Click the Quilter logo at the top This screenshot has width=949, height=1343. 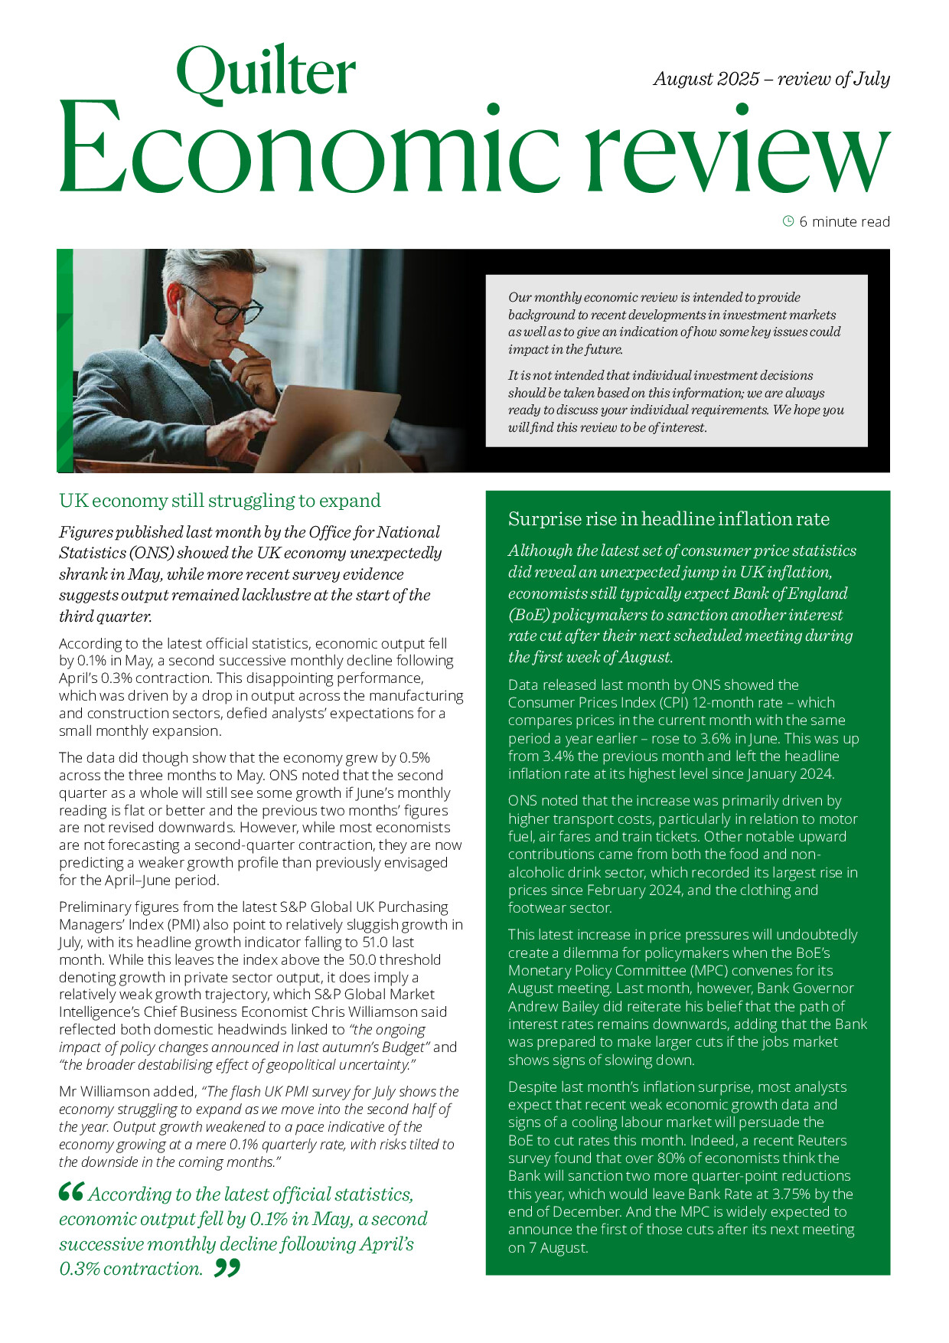point(266,74)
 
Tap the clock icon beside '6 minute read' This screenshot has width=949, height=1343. point(788,221)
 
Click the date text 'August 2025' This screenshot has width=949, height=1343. point(706,79)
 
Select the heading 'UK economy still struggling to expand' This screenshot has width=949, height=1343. point(220,501)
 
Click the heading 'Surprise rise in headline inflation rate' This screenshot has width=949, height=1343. point(668,519)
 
